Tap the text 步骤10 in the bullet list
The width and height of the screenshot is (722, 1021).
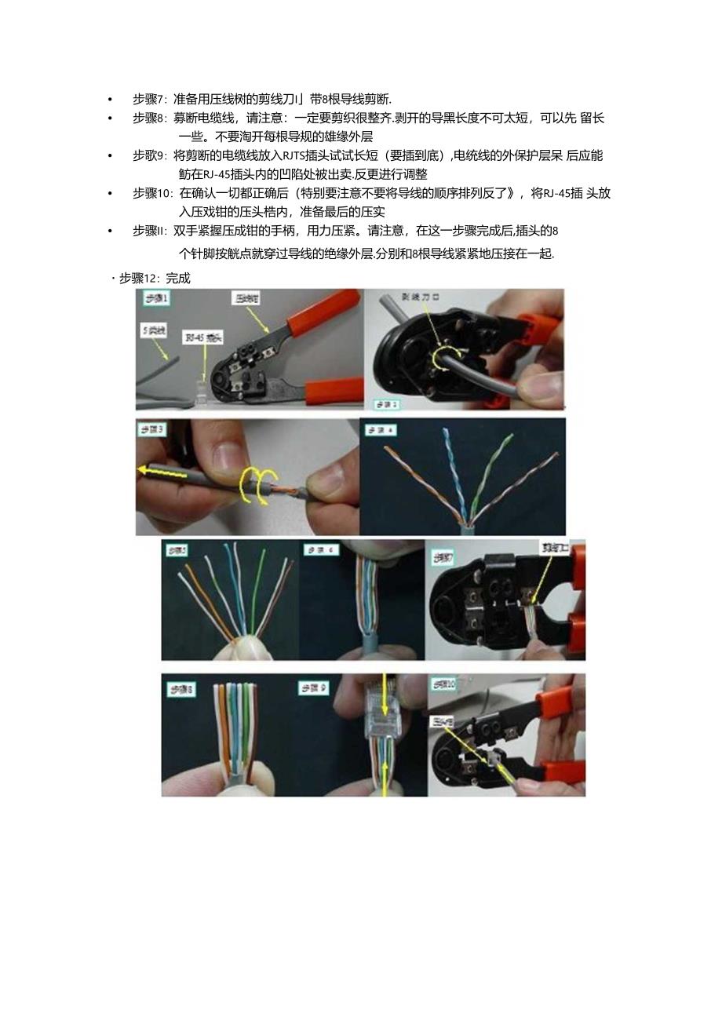pos(151,193)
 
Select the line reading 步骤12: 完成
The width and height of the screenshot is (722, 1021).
pos(154,278)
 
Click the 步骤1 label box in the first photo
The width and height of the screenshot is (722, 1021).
pos(155,298)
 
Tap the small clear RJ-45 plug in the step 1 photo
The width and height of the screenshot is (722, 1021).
pos(199,390)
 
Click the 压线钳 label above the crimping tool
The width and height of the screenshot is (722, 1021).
pos(246,299)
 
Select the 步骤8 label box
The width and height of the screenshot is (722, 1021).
pos(181,689)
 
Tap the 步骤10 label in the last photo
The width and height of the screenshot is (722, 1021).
pos(444,684)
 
